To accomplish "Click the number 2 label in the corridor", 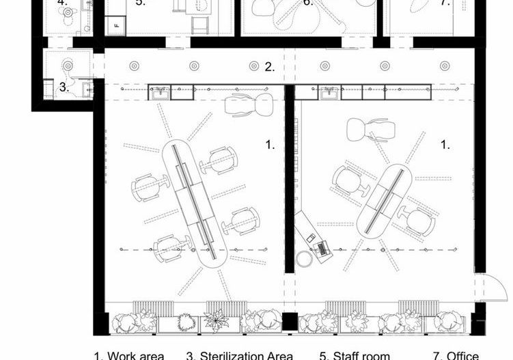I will [270, 67].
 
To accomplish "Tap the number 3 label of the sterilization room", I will [64, 87].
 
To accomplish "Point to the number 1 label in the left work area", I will [270, 144].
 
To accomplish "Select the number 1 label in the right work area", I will [445, 144].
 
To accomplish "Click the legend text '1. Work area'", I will [129, 355].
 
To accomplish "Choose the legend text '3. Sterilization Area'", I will [240, 355].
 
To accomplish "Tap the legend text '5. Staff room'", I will [355, 355].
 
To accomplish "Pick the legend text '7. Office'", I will [456, 355].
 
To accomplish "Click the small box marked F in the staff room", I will [116, 26].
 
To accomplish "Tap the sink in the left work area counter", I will [160, 92].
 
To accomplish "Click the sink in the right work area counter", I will [331, 92].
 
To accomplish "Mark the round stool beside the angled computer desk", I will [304, 259].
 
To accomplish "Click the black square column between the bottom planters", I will [290, 321].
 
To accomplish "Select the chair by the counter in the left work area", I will [239, 105].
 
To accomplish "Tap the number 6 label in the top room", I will [308, 3].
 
